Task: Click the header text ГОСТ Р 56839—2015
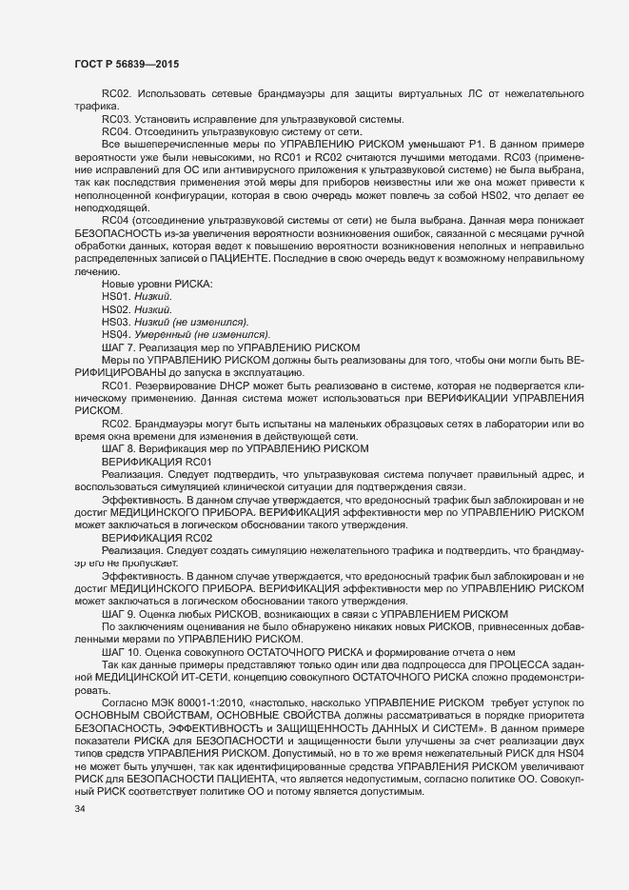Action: [x=126, y=62]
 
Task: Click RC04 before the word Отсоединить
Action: [x=115, y=131]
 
